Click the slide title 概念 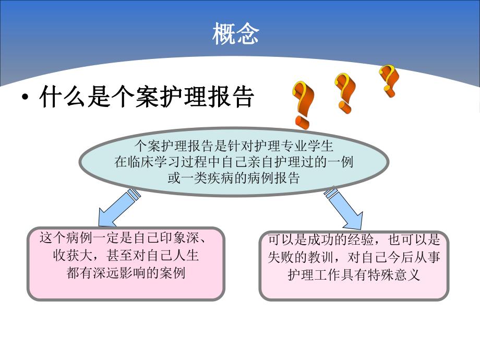(235, 34)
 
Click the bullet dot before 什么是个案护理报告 (25, 99)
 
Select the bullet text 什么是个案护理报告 (146, 98)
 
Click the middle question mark (345, 92)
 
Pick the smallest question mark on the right (389, 80)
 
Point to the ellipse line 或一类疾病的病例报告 (233, 177)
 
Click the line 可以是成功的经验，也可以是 (354, 241)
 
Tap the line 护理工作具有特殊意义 (354, 274)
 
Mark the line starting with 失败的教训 (354, 258)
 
